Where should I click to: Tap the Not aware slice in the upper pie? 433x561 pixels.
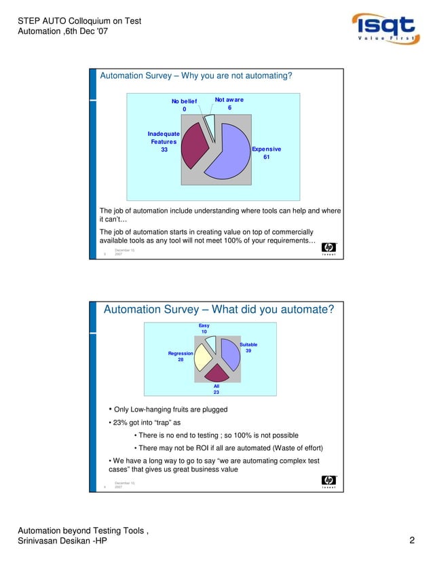(x=210, y=124)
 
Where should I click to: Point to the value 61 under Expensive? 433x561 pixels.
(x=266, y=157)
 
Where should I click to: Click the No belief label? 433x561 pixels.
(x=183, y=101)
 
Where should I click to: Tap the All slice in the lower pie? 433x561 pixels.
(x=216, y=373)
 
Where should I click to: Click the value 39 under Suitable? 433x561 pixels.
(x=248, y=351)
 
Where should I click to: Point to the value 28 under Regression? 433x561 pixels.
(x=181, y=360)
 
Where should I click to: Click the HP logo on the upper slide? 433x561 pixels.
(x=328, y=249)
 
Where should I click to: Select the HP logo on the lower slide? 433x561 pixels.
(x=328, y=482)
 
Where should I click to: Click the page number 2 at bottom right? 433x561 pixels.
(x=412, y=541)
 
